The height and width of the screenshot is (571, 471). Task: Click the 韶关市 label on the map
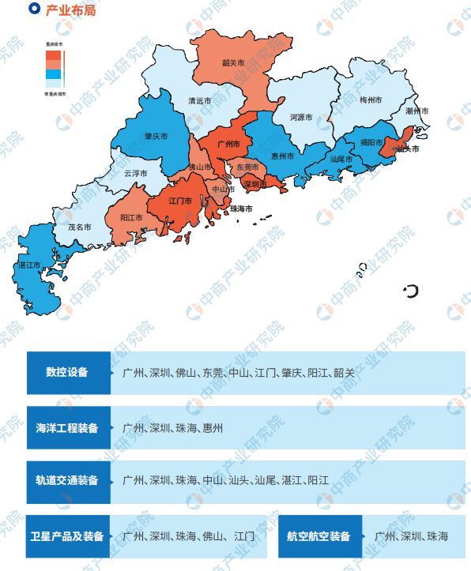coord(232,62)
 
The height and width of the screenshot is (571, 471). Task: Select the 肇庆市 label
coord(156,136)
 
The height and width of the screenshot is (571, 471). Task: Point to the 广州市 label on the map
coord(228,144)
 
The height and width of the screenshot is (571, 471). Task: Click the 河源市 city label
coord(301,118)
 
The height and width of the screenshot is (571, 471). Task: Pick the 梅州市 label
coord(371,100)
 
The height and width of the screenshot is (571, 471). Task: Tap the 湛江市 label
coord(28,265)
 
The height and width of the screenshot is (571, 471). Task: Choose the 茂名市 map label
coord(78,227)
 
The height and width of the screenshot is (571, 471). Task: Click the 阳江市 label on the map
coord(131,217)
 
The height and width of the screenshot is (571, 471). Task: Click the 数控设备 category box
coord(67,372)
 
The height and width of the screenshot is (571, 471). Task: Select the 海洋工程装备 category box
coord(67,428)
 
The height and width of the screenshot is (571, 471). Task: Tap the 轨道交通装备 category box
coord(67,480)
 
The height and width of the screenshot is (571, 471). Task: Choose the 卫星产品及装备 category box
coord(67,536)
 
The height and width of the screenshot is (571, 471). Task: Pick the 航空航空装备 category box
coord(319,536)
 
